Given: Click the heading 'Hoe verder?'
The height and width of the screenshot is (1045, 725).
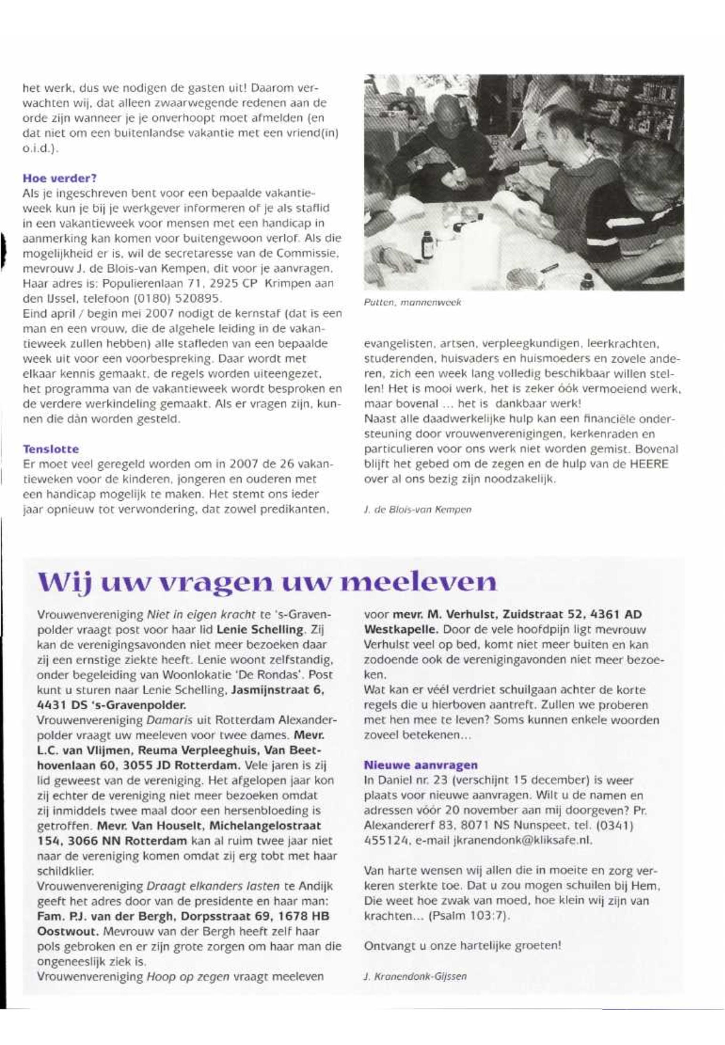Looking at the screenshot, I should point(59,178).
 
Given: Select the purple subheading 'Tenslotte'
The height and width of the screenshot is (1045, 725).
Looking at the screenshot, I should point(51,449).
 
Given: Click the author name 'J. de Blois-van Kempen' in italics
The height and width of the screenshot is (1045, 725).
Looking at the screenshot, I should point(417,510).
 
